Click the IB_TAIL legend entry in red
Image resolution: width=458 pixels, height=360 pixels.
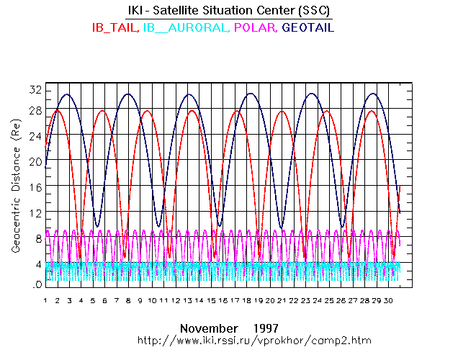[x=114, y=27]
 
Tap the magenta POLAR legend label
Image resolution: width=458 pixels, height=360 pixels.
[x=256, y=27]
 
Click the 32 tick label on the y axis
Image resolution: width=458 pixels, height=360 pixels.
[x=35, y=90]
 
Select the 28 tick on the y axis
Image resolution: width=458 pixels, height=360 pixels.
[x=35, y=109]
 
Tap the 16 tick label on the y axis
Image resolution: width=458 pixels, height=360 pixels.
[x=35, y=187]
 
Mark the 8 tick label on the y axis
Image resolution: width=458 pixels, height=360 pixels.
[x=37, y=238]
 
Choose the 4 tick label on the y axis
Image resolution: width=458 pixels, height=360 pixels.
[x=37, y=264]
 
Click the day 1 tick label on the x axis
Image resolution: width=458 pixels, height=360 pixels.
[x=45, y=300]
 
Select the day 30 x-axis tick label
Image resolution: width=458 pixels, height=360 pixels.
[x=388, y=300]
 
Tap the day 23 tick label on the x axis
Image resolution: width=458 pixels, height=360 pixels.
[x=305, y=300]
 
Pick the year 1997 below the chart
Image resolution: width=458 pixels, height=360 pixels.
[x=266, y=327]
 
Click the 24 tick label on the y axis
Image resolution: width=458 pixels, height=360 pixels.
[x=35, y=135]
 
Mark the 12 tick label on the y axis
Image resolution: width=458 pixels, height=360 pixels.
[x=35, y=213]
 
